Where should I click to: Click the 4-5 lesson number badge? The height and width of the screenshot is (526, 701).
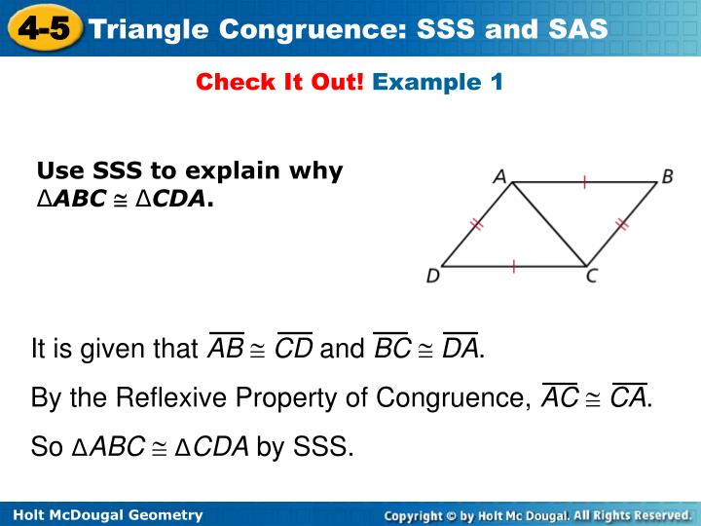click(x=40, y=27)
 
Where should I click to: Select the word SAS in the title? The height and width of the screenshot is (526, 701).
click(x=572, y=29)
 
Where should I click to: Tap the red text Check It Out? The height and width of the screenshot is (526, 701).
click(x=279, y=83)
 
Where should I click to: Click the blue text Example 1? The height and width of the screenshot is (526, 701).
click(x=438, y=83)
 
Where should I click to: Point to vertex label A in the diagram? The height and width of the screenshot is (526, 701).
click(x=499, y=176)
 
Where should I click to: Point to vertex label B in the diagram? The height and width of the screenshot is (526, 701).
click(x=668, y=176)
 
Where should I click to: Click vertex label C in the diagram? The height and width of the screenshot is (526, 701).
click(x=591, y=277)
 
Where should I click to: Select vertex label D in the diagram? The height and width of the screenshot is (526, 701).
click(x=432, y=277)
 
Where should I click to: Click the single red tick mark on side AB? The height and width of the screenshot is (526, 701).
click(x=584, y=181)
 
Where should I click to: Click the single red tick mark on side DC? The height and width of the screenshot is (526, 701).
click(x=513, y=265)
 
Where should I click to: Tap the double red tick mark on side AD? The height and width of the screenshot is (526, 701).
click(x=476, y=224)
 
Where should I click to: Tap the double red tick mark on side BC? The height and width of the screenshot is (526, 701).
click(x=621, y=224)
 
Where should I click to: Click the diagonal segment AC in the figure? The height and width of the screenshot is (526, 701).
click(x=548, y=223)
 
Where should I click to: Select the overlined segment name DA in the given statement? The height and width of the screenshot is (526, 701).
click(x=460, y=348)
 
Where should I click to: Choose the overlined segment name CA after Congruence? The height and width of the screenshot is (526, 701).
click(x=628, y=398)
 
